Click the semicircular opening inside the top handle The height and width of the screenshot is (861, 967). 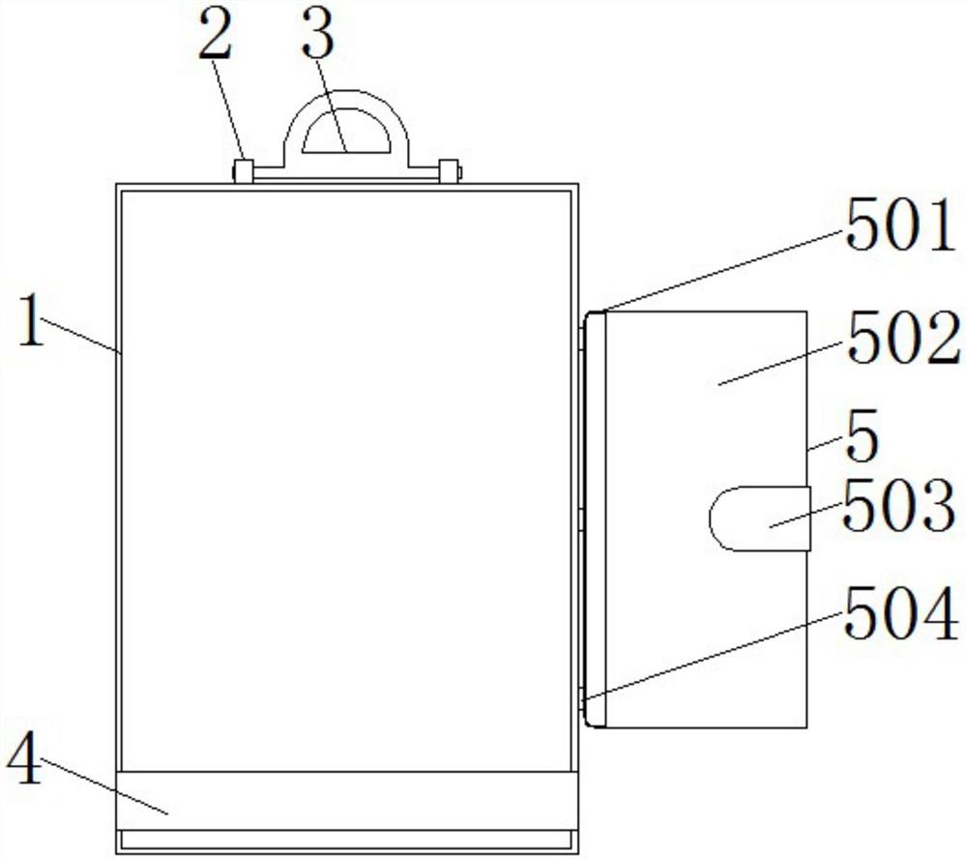click(x=346, y=139)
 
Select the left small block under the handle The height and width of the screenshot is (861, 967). click(x=244, y=172)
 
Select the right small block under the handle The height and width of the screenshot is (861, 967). click(x=448, y=172)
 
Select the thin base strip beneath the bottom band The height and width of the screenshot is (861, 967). click(x=348, y=842)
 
